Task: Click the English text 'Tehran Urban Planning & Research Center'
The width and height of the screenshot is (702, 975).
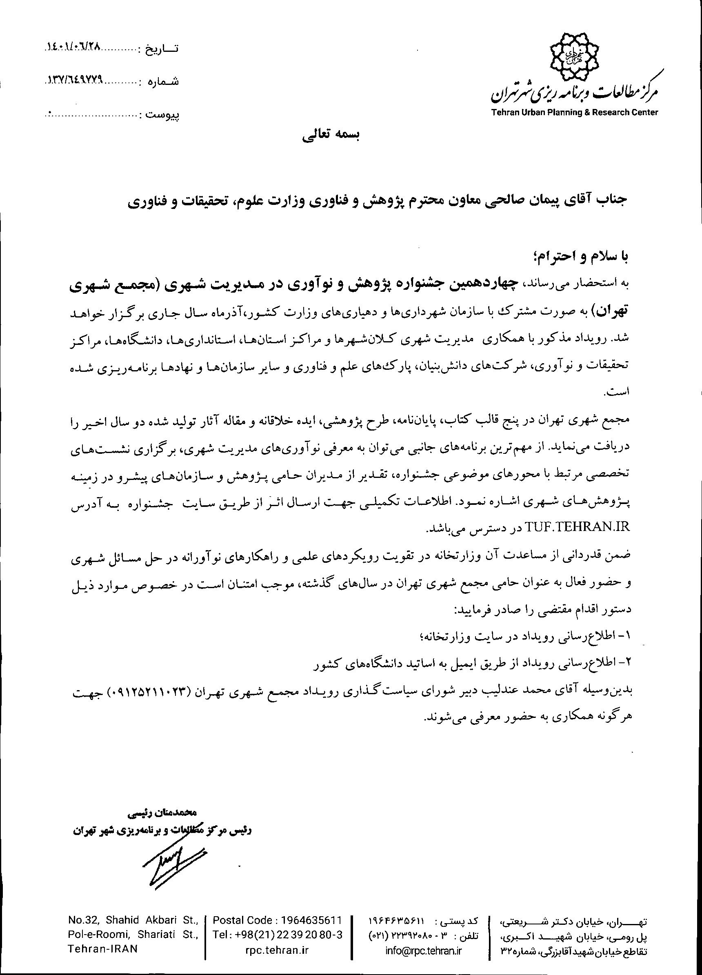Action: pos(575,113)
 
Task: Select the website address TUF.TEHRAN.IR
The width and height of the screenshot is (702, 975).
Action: pos(578,527)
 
